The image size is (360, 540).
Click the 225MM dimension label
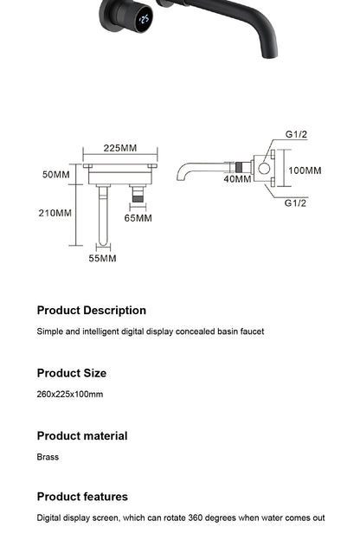120,148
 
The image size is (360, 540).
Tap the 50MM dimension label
56,175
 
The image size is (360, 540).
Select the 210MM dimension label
55,213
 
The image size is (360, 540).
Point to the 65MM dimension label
138,218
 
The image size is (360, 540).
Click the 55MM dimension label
102,258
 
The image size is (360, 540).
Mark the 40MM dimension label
237,179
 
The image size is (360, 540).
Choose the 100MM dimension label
305,171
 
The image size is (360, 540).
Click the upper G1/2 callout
296,135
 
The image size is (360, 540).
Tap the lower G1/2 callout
296,202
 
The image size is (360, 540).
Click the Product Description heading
91,310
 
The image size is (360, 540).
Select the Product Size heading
71,373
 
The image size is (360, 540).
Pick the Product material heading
81,435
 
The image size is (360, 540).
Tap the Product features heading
81,496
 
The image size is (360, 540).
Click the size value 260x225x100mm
69,395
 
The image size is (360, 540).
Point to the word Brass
48,457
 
